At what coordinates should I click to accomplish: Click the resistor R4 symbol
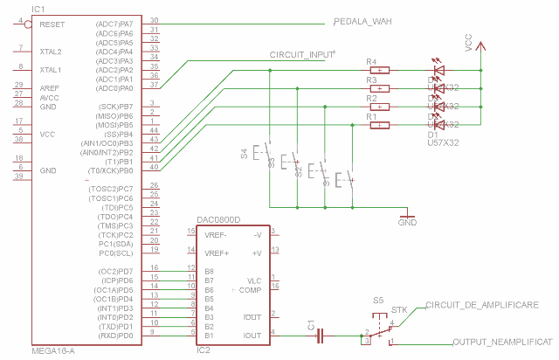click(380, 70)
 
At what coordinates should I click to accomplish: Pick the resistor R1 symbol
click(380, 125)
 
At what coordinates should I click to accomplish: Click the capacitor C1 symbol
click(321, 333)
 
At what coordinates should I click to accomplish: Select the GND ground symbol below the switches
click(407, 217)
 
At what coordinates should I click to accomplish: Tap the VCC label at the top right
click(468, 45)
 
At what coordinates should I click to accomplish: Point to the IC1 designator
click(38, 8)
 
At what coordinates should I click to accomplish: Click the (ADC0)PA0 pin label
click(114, 88)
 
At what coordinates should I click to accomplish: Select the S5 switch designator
click(378, 300)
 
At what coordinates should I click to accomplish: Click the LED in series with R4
click(439, 70)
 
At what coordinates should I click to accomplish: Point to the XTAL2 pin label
click(50, 52)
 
